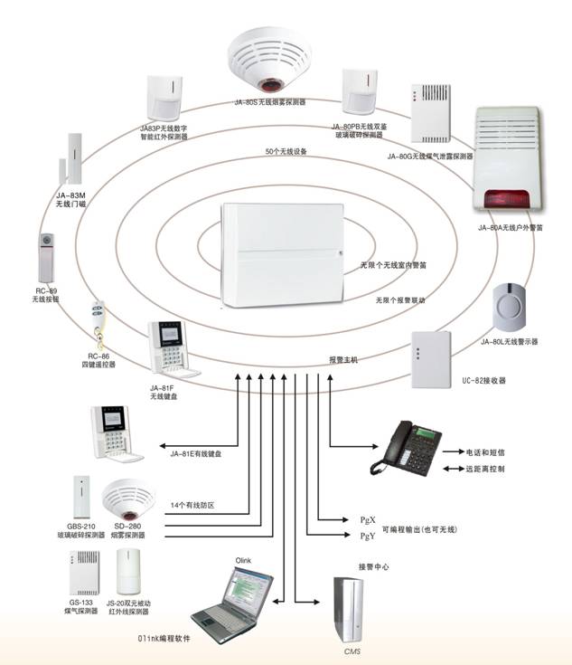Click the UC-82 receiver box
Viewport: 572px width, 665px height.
[431, 358]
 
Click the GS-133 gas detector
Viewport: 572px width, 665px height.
[81, 574]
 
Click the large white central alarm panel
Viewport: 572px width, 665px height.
[280, 258]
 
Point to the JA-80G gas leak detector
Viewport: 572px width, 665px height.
[430, 117]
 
